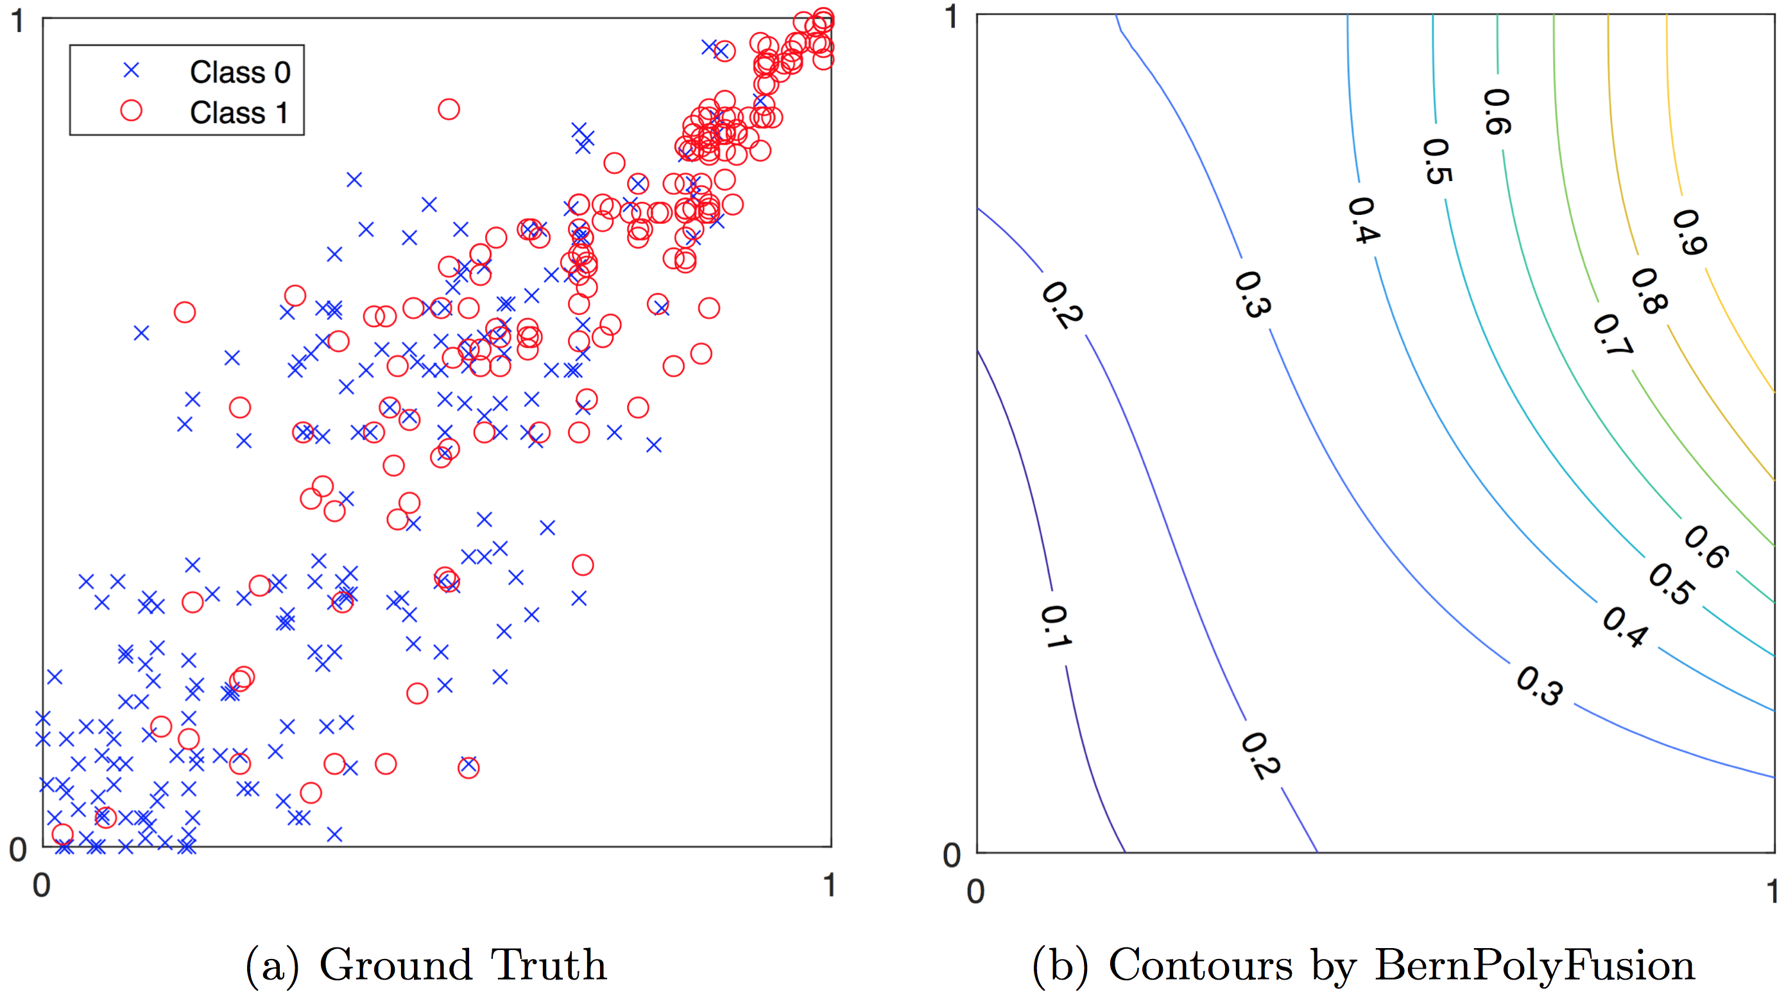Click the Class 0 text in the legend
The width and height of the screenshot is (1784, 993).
(x=239, y=72)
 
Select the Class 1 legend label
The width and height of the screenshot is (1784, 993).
(x=238, y=112)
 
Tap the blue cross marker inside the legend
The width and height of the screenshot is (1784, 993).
(x=131, y=71)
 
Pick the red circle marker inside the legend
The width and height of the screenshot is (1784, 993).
(x=131, y=111)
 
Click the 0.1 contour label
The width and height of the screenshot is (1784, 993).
(x=1055, y=627)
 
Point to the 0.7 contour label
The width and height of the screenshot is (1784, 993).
(x=1612, y=335)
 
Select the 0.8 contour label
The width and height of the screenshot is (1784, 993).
(x=1649, y=291)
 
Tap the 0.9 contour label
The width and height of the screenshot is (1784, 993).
(x=1689, y=232)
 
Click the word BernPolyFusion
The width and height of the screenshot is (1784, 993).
(x=1534, y=965)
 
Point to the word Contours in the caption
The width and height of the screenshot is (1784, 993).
(x=1200, y=965)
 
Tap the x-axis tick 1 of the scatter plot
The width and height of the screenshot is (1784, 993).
(x=829, y=885)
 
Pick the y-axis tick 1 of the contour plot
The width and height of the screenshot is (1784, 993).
(x=952, y=17)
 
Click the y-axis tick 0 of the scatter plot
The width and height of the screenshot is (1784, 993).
(x=18, y=849)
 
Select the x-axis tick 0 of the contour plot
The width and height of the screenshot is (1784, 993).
(x=976, y=891)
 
